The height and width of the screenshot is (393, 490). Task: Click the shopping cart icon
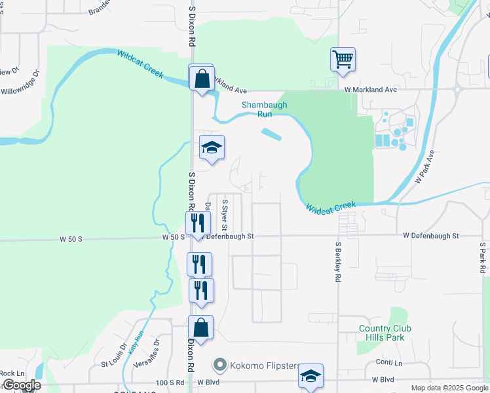point(343,60)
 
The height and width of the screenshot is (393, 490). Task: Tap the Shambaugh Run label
point(256,109)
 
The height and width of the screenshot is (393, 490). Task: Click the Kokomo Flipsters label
point(265,365)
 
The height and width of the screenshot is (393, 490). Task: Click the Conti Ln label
point(388,362)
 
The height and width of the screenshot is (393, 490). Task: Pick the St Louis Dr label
point(113,354)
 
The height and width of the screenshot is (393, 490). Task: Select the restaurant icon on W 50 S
point(197,224)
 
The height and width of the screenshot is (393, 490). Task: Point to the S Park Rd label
point(482,258)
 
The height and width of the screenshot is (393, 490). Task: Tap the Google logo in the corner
point(22,385)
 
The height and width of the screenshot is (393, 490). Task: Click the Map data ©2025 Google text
point(449,388)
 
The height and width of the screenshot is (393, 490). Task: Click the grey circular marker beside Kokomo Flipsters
point(219,365)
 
